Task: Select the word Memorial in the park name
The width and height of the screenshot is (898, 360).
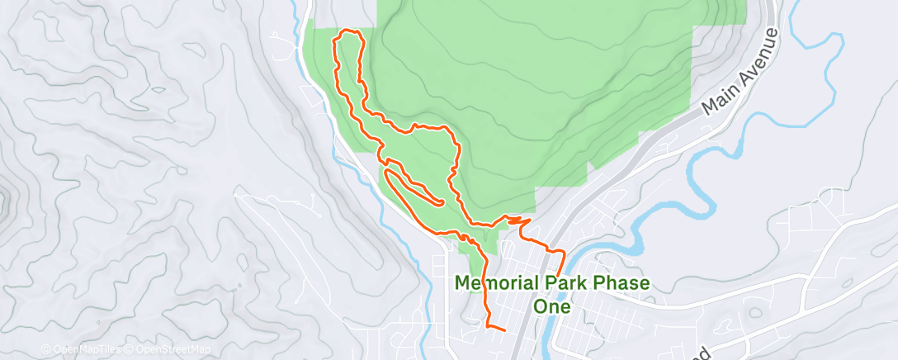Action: [x=496, y=283]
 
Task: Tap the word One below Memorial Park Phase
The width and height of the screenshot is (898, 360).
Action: [x=552, y=306]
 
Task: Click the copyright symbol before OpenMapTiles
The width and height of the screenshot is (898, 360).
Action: [x=46, y=349]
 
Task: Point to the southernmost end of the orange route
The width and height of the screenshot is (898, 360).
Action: [x=503, y=330]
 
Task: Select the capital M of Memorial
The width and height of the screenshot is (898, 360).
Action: [x=464, y=283]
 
